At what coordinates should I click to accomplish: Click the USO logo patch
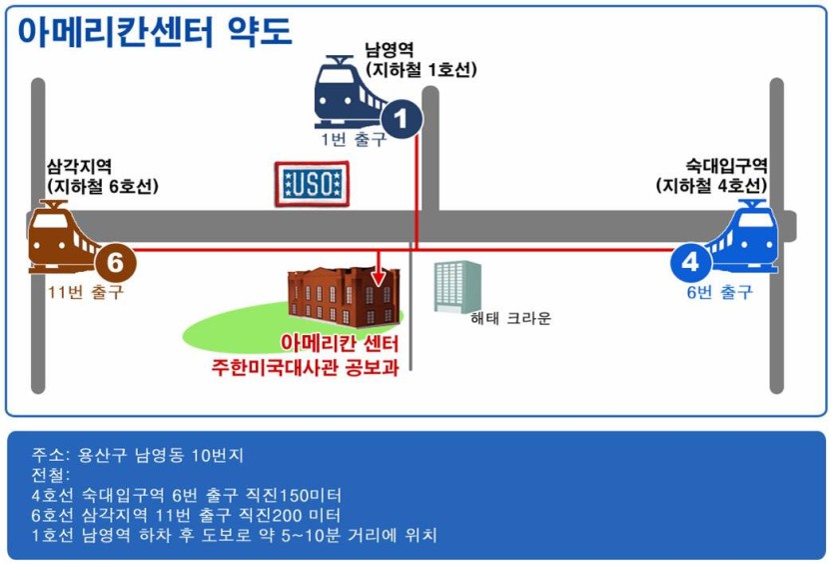(x=313, y=184)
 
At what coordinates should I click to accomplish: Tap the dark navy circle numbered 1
(x=402, y=119)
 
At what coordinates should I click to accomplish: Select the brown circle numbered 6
(x=116, y=262)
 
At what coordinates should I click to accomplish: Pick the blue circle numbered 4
(x=690, y=262)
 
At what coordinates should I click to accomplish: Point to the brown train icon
(x=63, y=237)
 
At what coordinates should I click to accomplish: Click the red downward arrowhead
(x=379, y=277)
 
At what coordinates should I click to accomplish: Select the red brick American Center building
(x=343, y=297)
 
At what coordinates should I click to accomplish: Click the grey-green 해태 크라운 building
(x=457, y=286)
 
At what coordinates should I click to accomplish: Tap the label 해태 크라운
(x=510, y=318)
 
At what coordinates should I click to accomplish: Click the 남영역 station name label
(x=390, y=50)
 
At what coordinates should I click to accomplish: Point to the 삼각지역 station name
(x=79, y=166)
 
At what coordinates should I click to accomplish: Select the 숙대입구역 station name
(x=726, y=166)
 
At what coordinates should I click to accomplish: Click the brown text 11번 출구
(x=86, y=292)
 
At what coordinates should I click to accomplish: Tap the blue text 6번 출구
(x=720, y=292)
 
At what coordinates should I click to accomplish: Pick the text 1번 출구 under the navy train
(x=354, y=139)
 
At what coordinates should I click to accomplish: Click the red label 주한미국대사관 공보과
(x=306, y=367)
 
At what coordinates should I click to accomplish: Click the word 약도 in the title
(x=260, y=31)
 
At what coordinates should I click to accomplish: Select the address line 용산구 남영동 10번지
(x=161, y=455)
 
